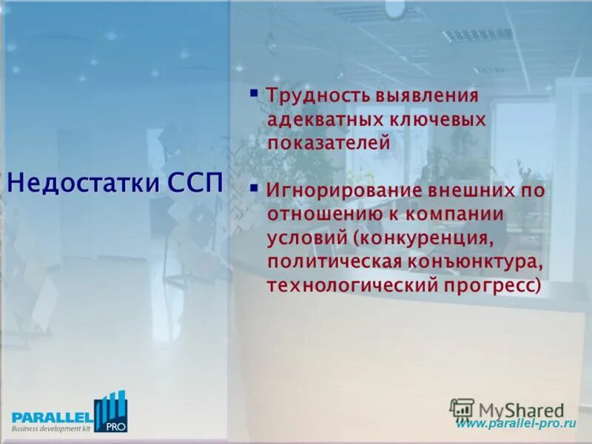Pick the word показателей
pyautogui.click(x=329, y=143)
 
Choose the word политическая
pyautogui.click(x=335, y=261)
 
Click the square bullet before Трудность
pyautogui.click(x=253, y=93)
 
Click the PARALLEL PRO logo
pyautogui.click(x=68, y=413)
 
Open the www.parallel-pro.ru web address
pyautogui.click(x=515, y=424)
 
